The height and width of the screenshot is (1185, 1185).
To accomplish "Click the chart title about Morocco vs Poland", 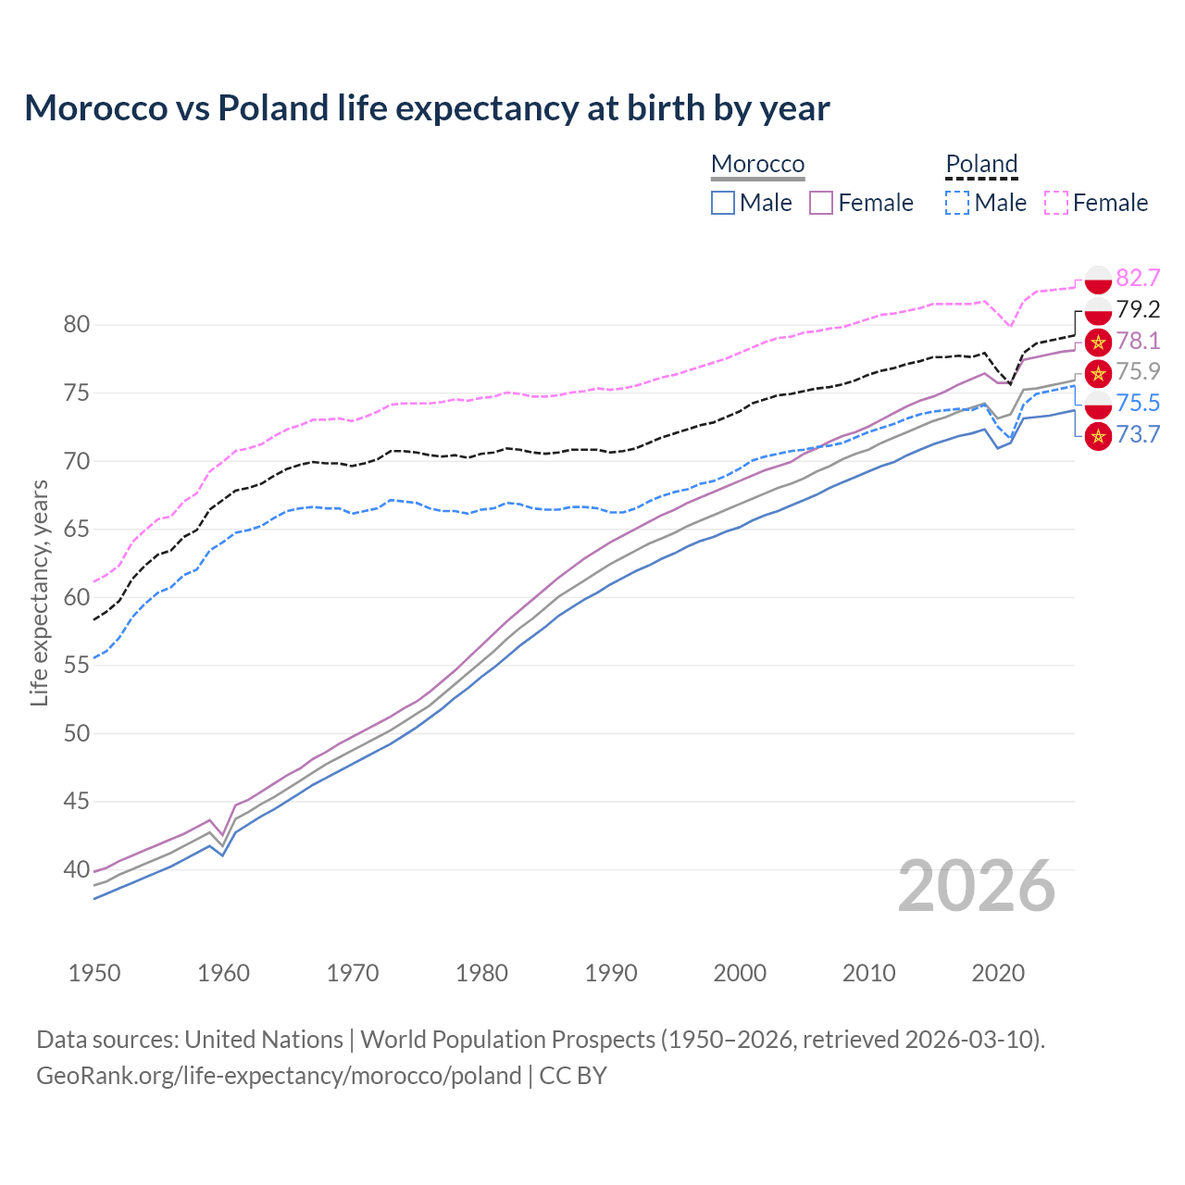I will [x=427, y=108].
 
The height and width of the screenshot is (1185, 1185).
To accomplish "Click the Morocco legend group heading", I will [x=757, y=164].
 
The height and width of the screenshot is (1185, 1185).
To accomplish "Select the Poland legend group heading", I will [x=981, y=164].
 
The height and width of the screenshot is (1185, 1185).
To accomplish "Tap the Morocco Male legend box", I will [x=723, y=203].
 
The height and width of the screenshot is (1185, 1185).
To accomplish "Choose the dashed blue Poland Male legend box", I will [x=957, y=203].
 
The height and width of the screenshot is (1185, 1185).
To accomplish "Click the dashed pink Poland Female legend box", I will [x=1056, y=203].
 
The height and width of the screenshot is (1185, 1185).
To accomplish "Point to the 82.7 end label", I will [x=1138, y=279].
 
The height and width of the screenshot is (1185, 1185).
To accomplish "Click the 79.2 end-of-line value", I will [x=1138, y=309].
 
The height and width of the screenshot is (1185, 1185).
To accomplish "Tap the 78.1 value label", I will [x=1138, y=341].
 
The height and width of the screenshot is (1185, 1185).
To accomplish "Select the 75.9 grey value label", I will [x=1138, y=371].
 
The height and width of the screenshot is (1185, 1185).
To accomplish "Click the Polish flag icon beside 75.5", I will [x=1098, y=404].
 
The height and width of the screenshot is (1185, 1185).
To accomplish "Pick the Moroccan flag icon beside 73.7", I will [x=1098, y=435].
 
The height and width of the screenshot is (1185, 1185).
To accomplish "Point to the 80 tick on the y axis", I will [x=77, y=325].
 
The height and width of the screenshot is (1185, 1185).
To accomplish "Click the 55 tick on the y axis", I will [x=77, y=666].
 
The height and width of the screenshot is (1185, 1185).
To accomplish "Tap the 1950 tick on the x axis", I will [x=94, y=973].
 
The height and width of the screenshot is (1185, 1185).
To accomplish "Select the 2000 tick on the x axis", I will [x=740, y=973].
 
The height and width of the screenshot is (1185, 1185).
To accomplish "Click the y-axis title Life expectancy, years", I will [x=40, y=592].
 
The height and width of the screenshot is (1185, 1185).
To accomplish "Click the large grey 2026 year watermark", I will [x=976, y=886].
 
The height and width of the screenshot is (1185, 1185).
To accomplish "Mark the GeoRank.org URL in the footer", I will [x=279, y=1076].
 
